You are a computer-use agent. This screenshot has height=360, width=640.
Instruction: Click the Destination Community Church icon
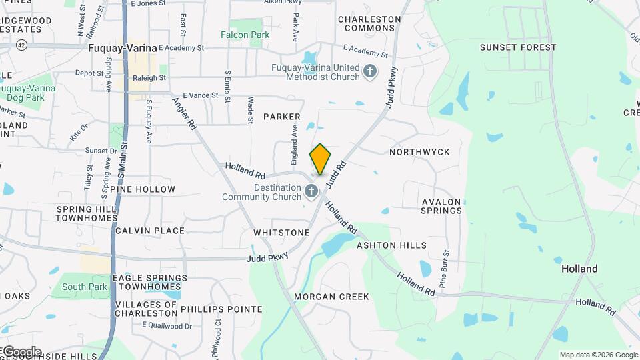point(311,193)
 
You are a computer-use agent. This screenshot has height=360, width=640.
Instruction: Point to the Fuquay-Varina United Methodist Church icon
point(370,71)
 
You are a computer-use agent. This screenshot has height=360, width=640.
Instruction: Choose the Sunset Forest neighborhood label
point(518,47)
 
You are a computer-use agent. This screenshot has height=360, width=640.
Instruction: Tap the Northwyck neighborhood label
point(419,152)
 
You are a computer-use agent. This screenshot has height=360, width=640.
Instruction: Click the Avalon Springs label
point(441,206)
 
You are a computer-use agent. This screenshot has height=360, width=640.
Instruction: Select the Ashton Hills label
point(391,245)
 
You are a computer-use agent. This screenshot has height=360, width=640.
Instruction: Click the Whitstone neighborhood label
point(281,233)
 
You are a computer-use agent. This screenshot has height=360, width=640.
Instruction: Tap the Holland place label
point(579,269)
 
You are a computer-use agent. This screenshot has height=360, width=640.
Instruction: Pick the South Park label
point(85,287)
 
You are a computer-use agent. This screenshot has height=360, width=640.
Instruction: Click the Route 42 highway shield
point(21,45)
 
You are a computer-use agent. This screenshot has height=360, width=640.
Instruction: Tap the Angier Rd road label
point(185,114)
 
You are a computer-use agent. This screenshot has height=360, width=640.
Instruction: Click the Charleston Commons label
point(369,24)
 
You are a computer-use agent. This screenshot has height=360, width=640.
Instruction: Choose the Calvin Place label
point(149,231)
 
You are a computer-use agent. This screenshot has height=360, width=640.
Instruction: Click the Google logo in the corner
point(21,351)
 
